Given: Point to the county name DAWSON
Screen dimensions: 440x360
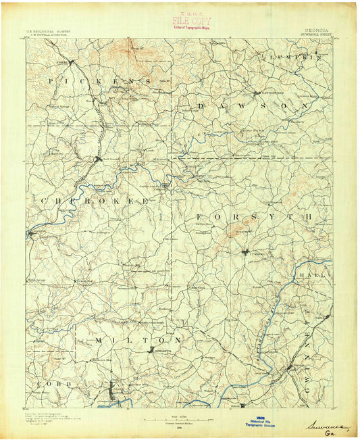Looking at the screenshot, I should tap(246, 107).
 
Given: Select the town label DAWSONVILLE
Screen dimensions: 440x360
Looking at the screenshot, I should tap(269, 93).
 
